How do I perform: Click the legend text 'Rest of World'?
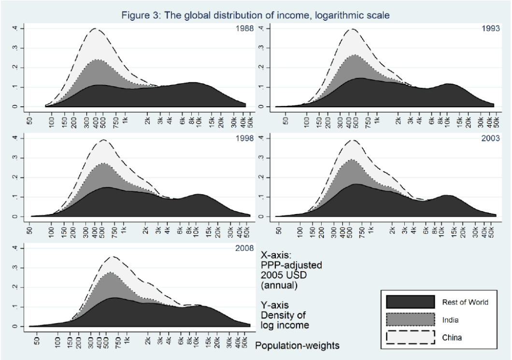[x=465, y=302]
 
